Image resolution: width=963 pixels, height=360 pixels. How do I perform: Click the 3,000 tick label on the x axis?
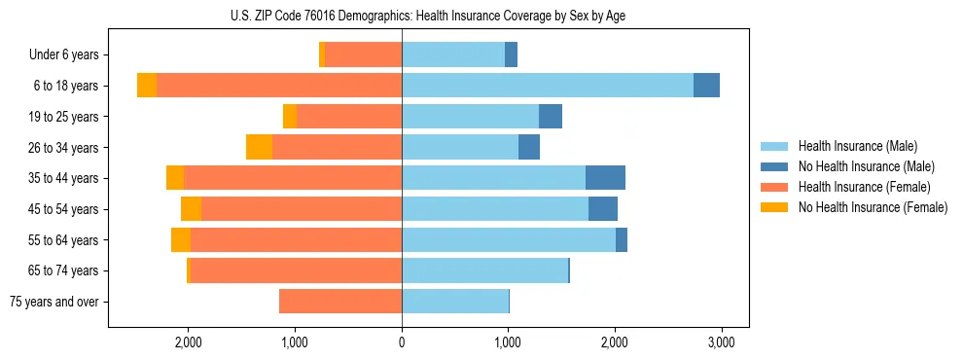721,342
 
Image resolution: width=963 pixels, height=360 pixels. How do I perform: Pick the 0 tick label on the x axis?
402,342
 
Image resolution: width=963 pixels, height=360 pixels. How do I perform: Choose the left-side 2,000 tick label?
188,342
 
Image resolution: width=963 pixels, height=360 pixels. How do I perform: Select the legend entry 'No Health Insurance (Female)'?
873,207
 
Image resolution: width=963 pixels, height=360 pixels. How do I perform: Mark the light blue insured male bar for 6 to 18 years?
548,86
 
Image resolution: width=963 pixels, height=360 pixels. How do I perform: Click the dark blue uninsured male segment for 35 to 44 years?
605,178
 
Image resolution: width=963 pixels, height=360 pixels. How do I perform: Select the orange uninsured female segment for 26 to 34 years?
259,147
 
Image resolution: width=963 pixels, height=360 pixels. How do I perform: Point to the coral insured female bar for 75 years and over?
340,302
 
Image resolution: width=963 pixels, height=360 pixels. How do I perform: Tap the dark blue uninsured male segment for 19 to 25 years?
551,117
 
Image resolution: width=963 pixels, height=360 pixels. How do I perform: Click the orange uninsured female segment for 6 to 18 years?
147,86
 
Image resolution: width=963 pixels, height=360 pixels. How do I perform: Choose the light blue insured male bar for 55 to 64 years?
509,239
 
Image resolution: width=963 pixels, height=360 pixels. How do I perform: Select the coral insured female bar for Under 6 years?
364,55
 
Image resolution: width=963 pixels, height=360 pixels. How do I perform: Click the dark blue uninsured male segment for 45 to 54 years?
603,209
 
